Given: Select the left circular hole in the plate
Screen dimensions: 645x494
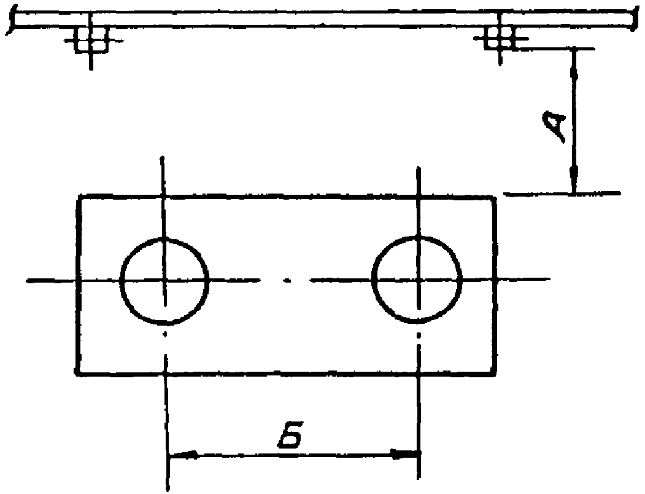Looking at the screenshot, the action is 164,281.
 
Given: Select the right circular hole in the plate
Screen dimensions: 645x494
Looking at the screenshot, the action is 418,281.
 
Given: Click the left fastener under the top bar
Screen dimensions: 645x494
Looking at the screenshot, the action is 91,41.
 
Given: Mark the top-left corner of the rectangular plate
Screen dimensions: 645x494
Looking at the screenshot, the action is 78,197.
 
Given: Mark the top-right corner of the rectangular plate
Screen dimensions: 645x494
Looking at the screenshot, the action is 495,197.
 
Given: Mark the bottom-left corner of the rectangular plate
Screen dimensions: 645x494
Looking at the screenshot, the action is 77,372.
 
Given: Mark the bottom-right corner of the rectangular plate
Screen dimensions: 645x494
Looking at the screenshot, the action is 495,372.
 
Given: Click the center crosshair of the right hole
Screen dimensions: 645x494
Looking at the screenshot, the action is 418,281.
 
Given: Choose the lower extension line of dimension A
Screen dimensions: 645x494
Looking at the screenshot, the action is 562,194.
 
